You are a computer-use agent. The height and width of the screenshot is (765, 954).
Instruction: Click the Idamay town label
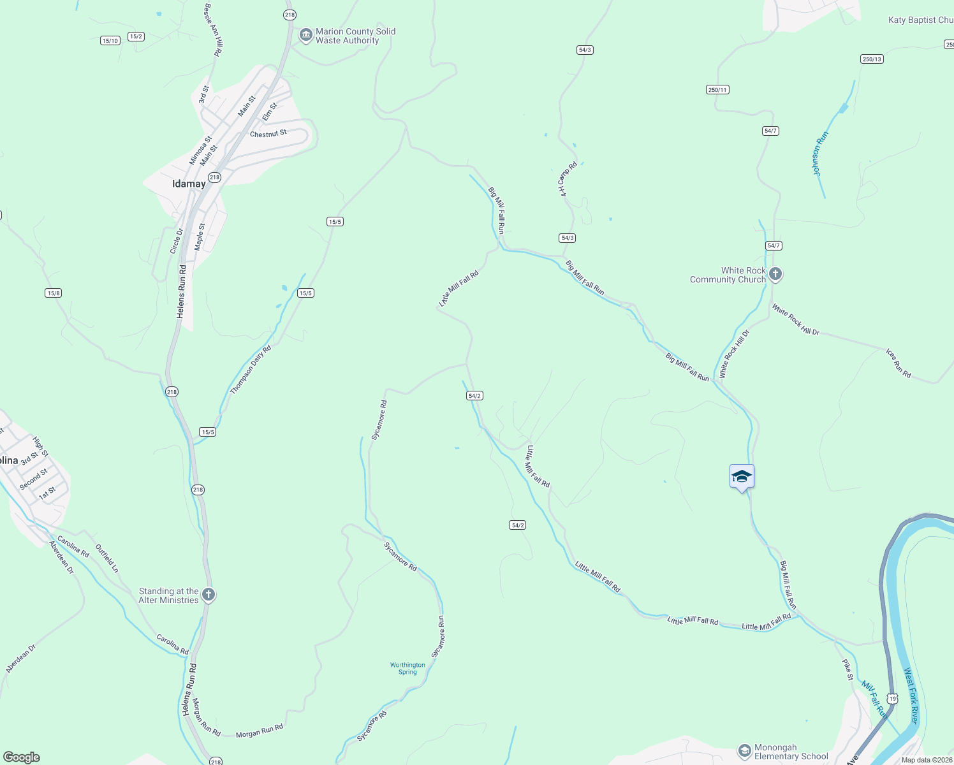point(189,184)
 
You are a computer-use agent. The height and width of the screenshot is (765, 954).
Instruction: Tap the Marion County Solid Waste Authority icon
point(305,34)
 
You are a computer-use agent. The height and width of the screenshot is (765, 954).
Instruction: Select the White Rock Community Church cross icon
point(775,275)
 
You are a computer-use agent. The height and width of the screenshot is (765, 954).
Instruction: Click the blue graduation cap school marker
point(742,476)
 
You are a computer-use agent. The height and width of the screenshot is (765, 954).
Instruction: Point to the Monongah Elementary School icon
point(744,751)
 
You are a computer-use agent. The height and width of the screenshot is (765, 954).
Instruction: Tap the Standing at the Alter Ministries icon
point(208,595)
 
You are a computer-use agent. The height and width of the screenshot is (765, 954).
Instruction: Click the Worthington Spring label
point(407,668)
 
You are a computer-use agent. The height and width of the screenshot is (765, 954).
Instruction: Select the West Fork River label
point(911,696)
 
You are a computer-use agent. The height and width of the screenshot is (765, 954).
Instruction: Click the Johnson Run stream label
point(820,154)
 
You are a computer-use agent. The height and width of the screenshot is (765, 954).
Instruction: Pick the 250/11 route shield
point(717,90)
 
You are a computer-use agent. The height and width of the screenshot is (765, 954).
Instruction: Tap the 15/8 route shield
point(54,293)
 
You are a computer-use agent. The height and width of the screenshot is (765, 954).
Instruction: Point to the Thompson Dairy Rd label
point(251,370)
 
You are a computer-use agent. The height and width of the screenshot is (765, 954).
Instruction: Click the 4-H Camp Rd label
point(568,179)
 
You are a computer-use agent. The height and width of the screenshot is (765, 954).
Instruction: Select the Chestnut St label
point(268,134)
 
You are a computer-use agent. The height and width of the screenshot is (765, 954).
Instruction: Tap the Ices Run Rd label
point(898,363)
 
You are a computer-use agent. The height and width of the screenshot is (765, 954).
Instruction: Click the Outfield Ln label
point(106,558)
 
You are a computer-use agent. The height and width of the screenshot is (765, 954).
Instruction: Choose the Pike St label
point(848,670)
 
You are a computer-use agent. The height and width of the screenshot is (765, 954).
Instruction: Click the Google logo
point(22,757)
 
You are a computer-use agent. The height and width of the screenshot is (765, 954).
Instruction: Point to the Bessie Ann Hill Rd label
point(212,30)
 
